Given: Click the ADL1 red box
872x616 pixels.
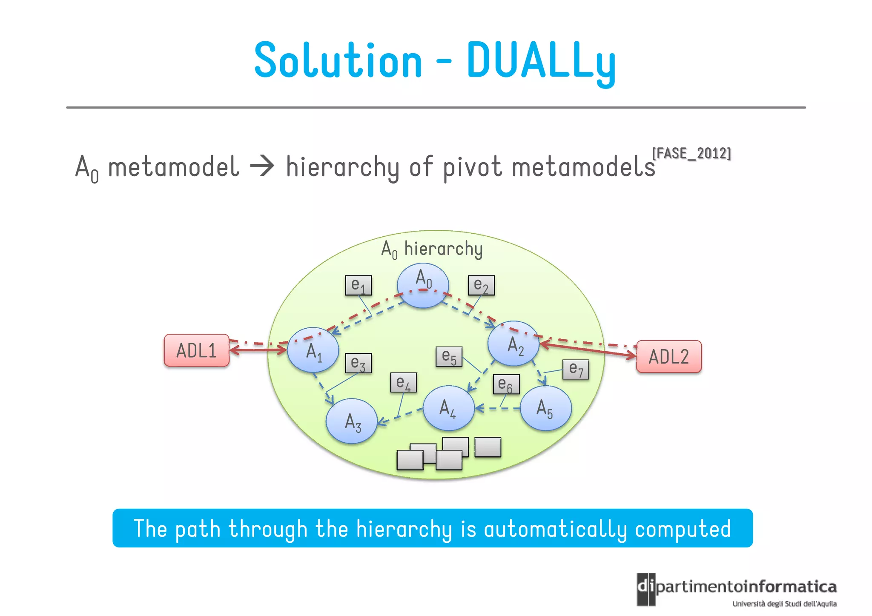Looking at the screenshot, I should [x=197, y=350].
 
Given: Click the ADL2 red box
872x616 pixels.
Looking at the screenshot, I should [x=668, y=357].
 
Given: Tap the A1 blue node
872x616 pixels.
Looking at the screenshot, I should [x=313, y=350].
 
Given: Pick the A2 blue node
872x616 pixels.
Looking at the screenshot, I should [x=513, y=344].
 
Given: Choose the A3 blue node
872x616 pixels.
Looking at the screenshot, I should [x=352, y=421].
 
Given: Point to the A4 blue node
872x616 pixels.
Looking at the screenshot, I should [x=448, y=408].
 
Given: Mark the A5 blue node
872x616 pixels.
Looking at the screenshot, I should [x=546, y=408].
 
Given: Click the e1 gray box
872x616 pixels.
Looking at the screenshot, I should [x=358, y=285].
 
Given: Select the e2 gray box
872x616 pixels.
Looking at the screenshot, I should [x=481, y=285].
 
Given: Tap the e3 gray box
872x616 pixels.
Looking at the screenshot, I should [x=358, y=363].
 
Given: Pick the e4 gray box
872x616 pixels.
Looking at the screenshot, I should [x=403, y=382].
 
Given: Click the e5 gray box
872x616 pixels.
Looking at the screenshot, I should [x=449, y=356].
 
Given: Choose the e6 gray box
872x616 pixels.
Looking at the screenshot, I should [x=506, y=384].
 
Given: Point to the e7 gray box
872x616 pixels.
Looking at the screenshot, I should [x=576, y=369].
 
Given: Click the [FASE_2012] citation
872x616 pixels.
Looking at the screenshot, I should [x=691, y=153].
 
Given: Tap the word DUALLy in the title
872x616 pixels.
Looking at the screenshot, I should [x=541, y=61].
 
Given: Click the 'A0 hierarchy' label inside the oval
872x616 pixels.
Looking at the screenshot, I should [x=432, y=249].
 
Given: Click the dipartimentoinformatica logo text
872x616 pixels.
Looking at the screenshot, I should [x=745, y=587].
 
